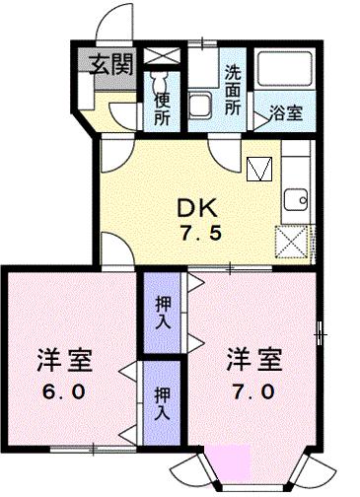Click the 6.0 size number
pos(66,391)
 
